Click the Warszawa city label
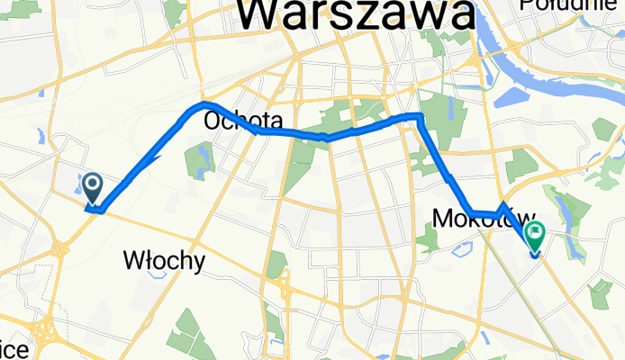click(x=358, y=15)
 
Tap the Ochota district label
click(x=243, y=120)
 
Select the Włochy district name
click(x=163, y=261)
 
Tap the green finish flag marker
click(x=535, y=236)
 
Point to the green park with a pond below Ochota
click(x=199, y=159)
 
